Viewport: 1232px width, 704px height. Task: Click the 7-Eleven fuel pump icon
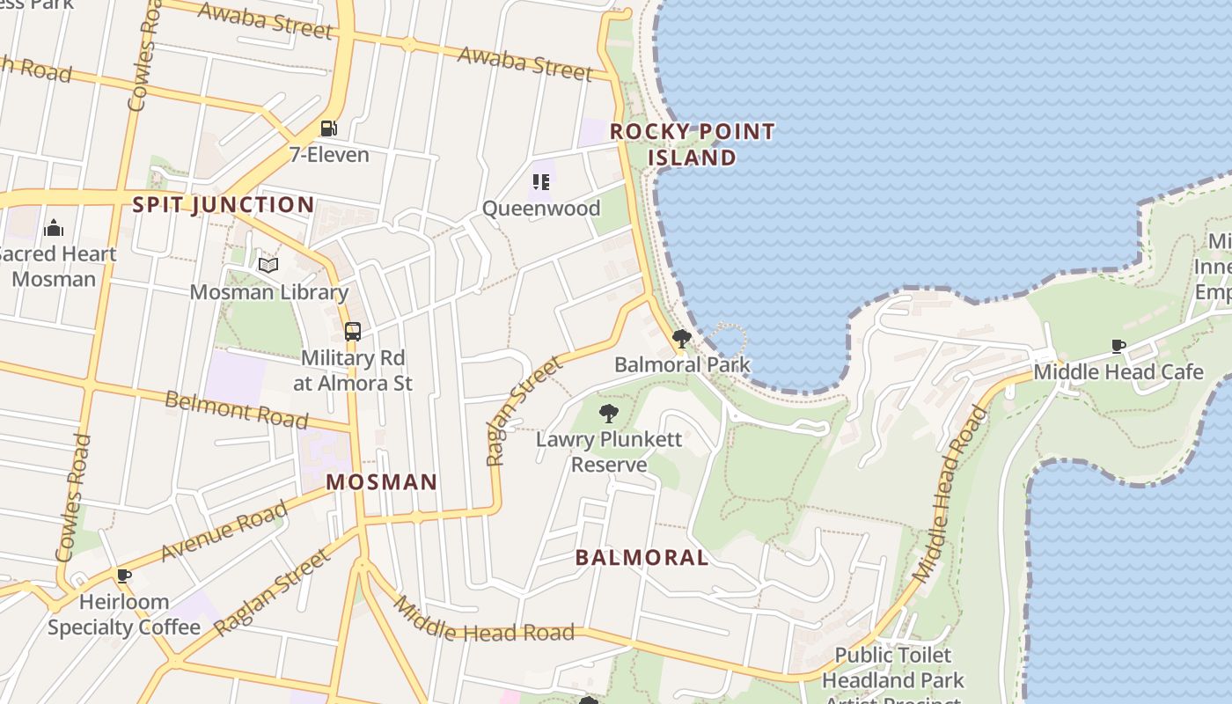pos(328,128)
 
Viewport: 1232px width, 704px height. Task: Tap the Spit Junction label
pos(223,205)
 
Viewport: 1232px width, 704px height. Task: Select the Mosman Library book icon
pos(268,265)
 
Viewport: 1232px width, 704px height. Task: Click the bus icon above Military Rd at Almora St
pos(352,332)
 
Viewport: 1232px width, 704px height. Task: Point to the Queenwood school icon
pos(541,182)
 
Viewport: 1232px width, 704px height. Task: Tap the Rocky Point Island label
pos(693,144)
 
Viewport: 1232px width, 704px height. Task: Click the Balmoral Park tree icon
pos(681,338)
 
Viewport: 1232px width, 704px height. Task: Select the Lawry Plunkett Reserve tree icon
pos(608,413)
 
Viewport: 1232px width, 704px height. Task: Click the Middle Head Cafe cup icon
pos(1118,346)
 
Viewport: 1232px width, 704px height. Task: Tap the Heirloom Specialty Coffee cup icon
pos(124,576)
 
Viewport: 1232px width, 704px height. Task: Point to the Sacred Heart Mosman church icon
pos(54,229)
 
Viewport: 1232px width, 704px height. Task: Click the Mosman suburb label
pos(381,482)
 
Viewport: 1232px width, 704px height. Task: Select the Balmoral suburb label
pos(642,557)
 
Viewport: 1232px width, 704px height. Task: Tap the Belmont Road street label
pos(237,409)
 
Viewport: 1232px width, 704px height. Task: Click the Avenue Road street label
pos(224,531)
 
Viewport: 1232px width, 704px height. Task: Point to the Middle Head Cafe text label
pos(1118,371)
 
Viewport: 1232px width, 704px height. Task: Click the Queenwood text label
pos(541,209)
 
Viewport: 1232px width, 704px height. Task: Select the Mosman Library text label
pos(269,291)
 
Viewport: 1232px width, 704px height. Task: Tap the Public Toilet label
pos(892,656)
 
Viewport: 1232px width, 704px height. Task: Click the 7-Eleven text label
pos(329,155)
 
